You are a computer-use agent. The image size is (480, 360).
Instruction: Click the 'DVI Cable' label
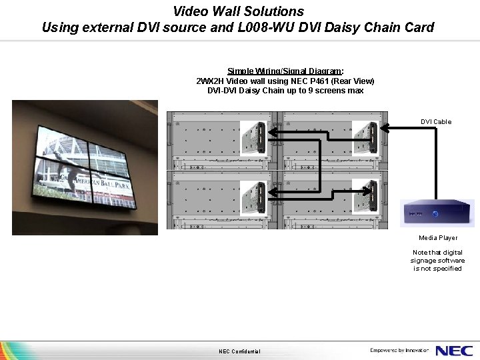pyautogui.click(x=435, y=122)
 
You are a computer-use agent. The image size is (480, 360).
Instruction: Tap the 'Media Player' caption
pyautogui.click(x=438, y=238)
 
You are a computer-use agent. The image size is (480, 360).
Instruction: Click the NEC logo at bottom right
pyautogui.click(x=455, y=351)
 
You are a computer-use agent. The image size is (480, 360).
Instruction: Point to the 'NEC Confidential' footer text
pyautogui.click(x=239, y=352)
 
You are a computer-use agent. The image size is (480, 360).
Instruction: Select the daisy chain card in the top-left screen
pyautogui.click(x=254, y=139)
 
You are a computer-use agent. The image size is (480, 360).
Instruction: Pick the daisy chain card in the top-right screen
pyautogui.click(x=365, y=139)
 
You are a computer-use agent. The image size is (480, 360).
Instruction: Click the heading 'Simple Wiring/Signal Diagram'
pyautogui.click(x=285, y=71)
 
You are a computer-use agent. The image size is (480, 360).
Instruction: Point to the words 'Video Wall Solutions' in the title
pyautogui.click(x=238, y=11)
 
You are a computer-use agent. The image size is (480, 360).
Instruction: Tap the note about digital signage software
pyautogui.click(x=437, y=261)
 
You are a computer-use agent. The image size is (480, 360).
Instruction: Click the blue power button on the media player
pyautogui.click(x=435, y=214)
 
